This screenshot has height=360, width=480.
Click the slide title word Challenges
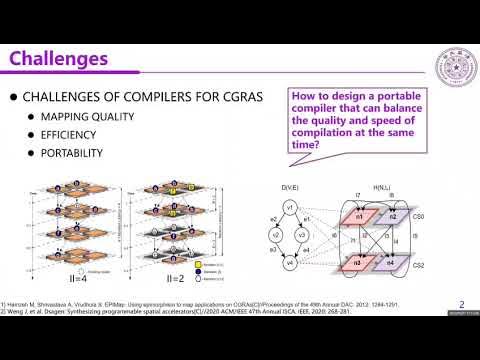click(x=60, y=59)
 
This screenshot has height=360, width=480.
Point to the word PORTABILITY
click(x=72, y=154)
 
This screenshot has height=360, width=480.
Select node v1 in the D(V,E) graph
click(x=290, y=207)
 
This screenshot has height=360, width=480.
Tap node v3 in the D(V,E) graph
click(x=304, y=236)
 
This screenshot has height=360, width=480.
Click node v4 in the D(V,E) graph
click(x=289, y=264)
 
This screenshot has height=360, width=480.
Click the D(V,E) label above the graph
click(x=291, y=188)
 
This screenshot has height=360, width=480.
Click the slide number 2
click(x=460, y=305)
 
